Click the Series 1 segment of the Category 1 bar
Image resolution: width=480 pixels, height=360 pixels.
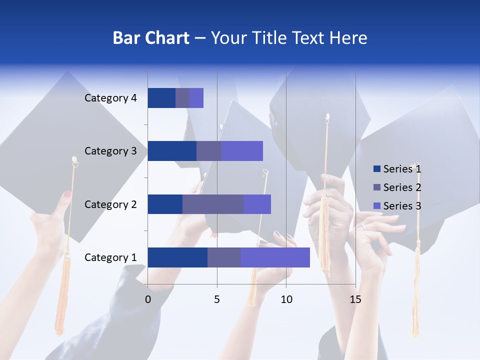pos(177,257)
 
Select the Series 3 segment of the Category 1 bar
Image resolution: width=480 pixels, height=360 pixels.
pos(275,257)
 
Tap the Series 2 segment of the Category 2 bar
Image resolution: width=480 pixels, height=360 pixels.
pos(213,204)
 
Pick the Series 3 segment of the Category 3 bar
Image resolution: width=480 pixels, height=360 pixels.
pos(242,151)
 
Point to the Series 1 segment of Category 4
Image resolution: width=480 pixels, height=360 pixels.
pos(161,98)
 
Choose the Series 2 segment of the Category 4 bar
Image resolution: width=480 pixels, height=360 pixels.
pos(182,98)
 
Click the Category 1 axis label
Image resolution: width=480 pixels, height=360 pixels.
pos(110,257)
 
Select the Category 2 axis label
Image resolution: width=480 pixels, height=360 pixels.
pos(110,204)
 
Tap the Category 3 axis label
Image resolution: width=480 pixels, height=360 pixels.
pos(110,151)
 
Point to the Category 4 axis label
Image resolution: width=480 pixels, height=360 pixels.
pos(110,98)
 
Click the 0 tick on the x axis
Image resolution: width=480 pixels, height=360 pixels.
pos(148,299)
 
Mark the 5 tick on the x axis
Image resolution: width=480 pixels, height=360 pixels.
pos(217,299)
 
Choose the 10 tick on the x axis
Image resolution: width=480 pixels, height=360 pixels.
pos(286,299)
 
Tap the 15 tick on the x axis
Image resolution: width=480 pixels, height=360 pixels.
pos(355,299)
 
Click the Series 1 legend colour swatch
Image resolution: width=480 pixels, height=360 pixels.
pos(376,169)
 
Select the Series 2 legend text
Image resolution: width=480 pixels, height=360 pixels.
pos(402,187)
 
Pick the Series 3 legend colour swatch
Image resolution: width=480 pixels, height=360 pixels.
pos(376,206)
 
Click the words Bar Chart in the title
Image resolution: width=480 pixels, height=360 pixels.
pos(151,38)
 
